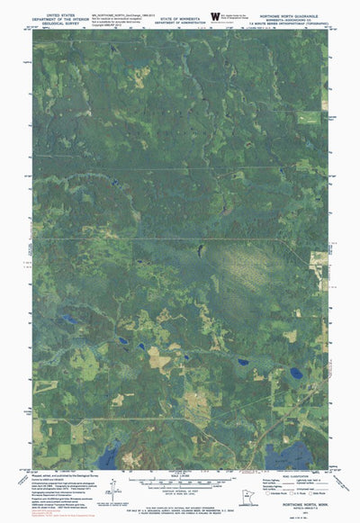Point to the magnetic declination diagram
pos(110,491)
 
